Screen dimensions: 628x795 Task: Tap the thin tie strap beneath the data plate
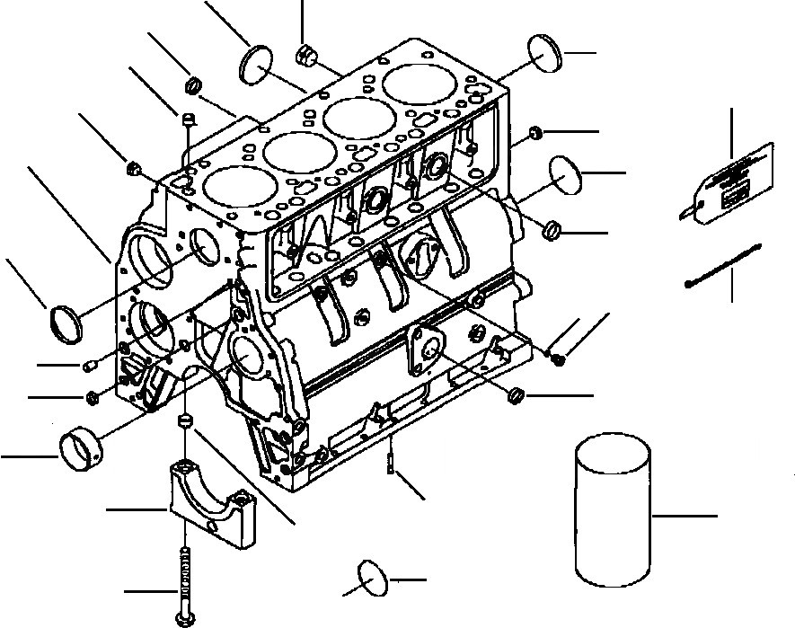click(723, 265)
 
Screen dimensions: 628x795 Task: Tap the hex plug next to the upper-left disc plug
click(305, 55)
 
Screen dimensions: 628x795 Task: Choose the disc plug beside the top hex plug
click(256, 66)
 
